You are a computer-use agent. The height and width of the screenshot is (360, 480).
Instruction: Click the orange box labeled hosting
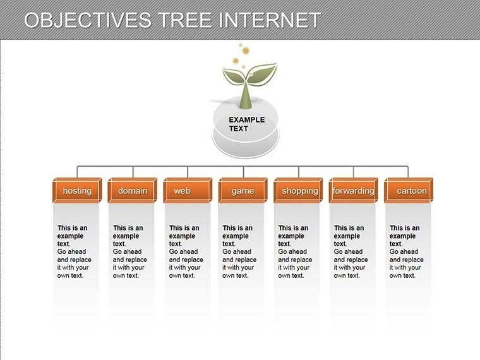pyautogui.click(x=77, y=191)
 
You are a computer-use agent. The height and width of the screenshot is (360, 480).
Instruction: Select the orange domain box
pyautogui.click(x=133, y=191)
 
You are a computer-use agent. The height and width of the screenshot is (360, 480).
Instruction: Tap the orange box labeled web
pyautogui.click(x=188, y=191)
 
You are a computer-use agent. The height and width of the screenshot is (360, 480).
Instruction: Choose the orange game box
pyautogui.click(x=243, y=191)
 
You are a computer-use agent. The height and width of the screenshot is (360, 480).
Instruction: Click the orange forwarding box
pyautogui.click(x=353, y=191)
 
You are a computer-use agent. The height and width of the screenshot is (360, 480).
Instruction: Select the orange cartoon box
pyautogui.click(x=409, y=191)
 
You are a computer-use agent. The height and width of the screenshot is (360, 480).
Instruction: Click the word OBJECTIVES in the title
pyautogui.click(x=88, y=20)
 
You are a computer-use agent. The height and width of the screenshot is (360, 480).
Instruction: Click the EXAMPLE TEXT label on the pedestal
pyautogui.click(x=246, y=124)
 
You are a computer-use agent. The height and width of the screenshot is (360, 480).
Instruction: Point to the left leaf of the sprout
pyautogui.click(x=233, y=77)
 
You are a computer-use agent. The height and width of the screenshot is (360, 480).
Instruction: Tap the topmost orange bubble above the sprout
pyautogui.click(x=240, y=44)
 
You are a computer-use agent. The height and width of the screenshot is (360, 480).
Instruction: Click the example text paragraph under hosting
pyautogui.click(x=75, y=251)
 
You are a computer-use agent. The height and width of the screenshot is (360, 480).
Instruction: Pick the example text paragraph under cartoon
pyautogui.click(x=407, y=251)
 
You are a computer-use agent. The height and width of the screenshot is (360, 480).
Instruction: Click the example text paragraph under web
pyautogui.click(x=186, y=251)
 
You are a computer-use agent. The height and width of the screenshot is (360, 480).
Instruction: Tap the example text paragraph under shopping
pyautogui.click(x=296, y=251)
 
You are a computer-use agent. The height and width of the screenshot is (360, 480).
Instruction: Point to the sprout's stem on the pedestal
pyautogui.click(x=246, y=98)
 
